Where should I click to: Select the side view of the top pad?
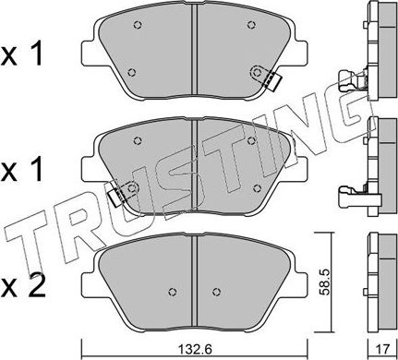[x=375, y=46]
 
